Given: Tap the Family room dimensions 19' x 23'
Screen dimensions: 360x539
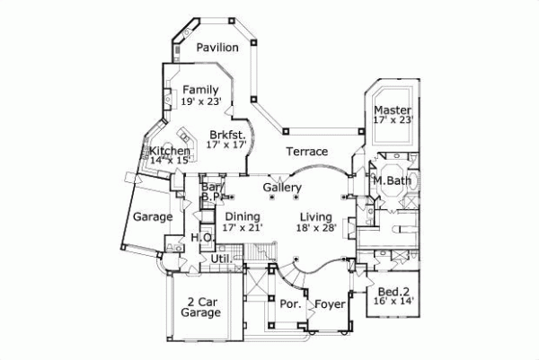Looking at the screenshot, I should [x=200, y=102].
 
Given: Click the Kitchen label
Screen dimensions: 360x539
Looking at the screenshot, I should [x=170, y=151].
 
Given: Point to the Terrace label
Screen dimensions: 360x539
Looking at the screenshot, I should [x=306, y=152].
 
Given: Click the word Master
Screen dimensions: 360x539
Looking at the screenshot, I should [x=393, y=110].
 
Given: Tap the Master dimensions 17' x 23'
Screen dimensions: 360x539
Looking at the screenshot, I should [x=393, y=121].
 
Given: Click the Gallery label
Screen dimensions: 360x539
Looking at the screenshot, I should [x=281, y=187].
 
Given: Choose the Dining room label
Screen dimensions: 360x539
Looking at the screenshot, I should [x=243, y=216].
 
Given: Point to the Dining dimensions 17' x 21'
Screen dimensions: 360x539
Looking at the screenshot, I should [x=243, y=228].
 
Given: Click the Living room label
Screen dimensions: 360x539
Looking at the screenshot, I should [x=316, y=217].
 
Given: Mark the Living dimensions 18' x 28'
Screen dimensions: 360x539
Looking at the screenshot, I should [x=316, y=229].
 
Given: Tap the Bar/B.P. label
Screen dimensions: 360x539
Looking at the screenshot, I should [x=212, y=189].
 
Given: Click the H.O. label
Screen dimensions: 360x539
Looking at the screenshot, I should [x=200, y=237].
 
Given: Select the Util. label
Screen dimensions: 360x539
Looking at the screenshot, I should [x=221, y=259].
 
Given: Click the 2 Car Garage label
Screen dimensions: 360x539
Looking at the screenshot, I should [x=200, y=307].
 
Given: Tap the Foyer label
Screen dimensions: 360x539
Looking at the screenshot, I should [x=328, y=305].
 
